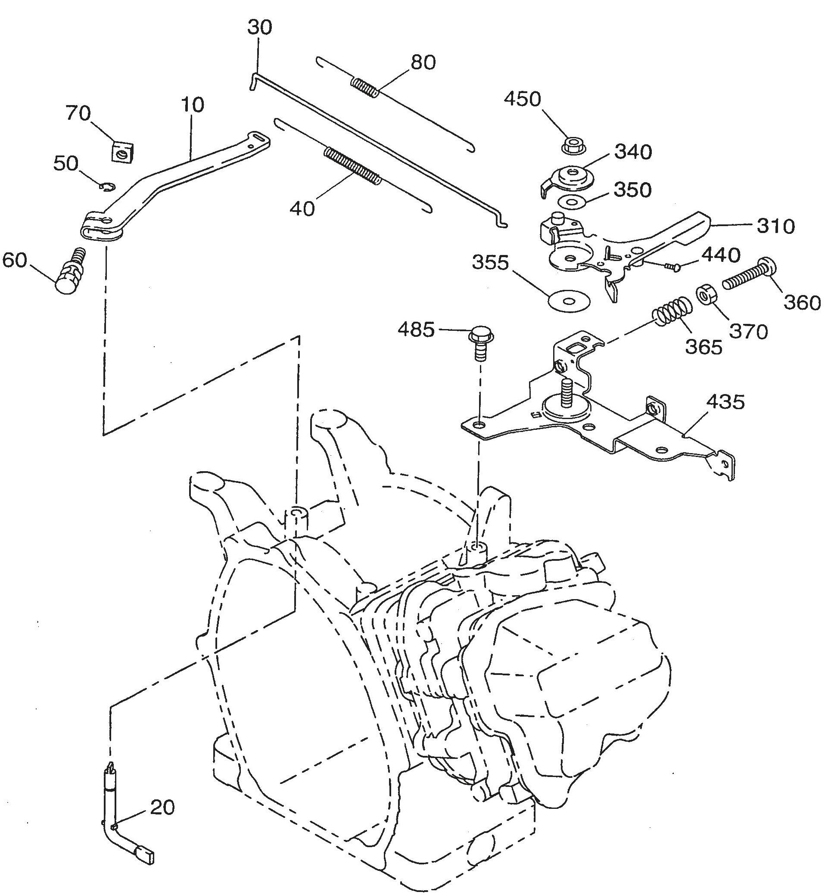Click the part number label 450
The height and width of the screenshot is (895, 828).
pyautogui.click(x=523, y=99)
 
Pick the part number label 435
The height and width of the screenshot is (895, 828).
pyautogui.click(x=725, y=402)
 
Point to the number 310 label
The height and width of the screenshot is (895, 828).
pyautogui.click(x=775, y=226)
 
